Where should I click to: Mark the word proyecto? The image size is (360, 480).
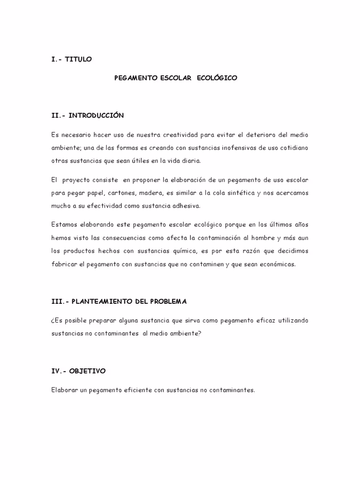click(82, 180)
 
